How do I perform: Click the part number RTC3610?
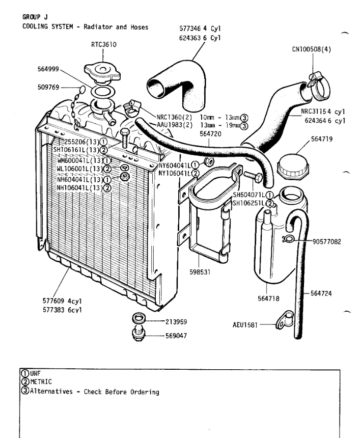click(103, 45)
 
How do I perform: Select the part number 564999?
click(48, 69)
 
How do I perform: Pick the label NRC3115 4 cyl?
click(323, 112)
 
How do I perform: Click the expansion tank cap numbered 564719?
click(293, 167)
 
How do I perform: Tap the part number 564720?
click(210, 134)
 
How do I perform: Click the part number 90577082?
click(327, 241)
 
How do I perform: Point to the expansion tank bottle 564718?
click(281, 235)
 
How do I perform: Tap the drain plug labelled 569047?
click(137, 333)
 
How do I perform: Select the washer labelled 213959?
click(138, 318)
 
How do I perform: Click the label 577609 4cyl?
click(62, 301)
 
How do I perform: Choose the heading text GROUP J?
click(35, 17)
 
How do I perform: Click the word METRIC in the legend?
click(41, 381)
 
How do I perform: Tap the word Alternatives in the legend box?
click(51, 391)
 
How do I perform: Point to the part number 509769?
click(48, 88)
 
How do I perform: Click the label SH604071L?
click(249, 195)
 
